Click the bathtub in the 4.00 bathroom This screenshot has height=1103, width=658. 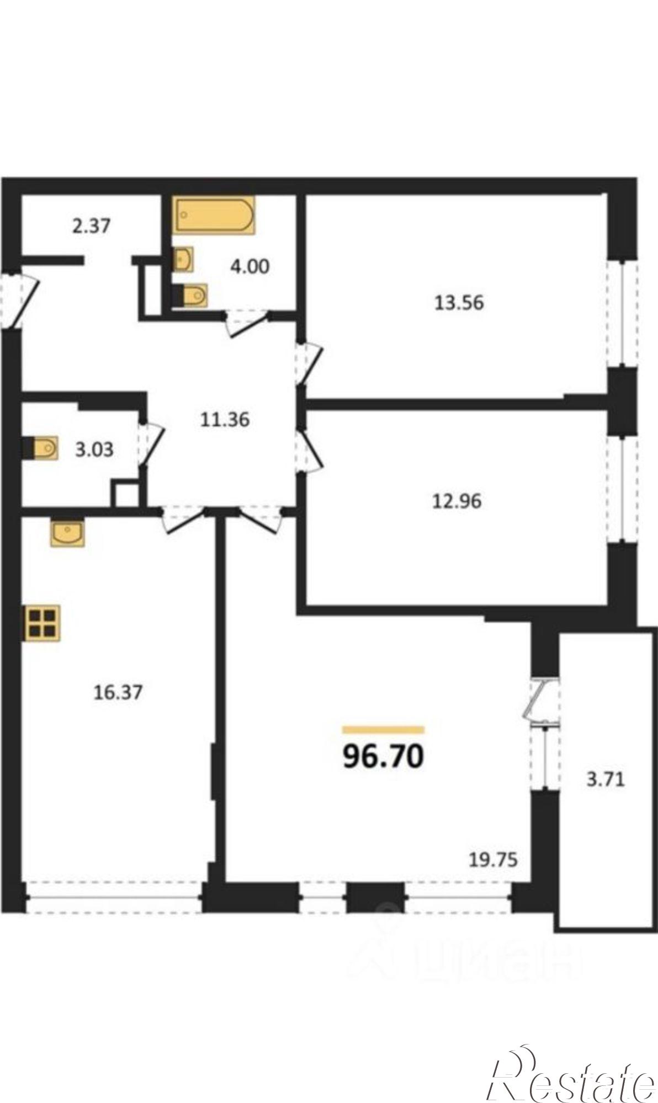point(215,215)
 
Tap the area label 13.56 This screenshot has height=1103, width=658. point(459,303)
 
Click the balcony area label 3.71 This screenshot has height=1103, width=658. point(606,780)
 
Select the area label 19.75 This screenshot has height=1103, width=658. point(493,859)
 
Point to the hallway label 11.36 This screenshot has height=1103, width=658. point(225,420)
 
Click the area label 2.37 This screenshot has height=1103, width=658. point(92,226)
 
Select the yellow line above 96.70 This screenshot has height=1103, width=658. point(383,730)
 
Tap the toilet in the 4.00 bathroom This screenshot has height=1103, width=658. point(189,296)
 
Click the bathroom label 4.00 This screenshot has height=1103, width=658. point(250,267)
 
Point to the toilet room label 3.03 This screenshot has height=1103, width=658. point(94,449)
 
